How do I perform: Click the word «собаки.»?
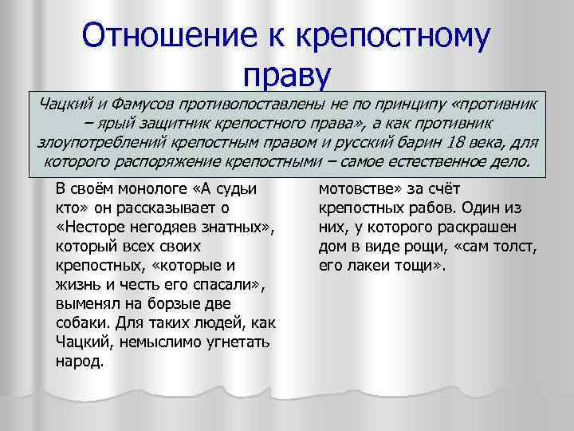point(83,323)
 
